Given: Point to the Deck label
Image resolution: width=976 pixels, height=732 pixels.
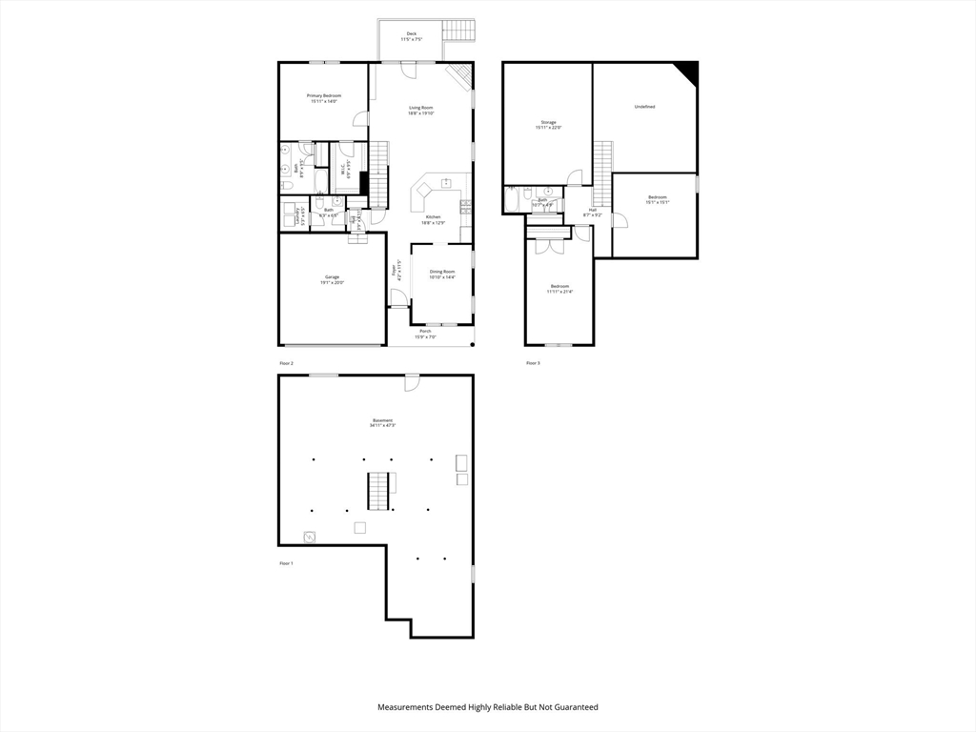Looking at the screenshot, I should click(x=411, y=36).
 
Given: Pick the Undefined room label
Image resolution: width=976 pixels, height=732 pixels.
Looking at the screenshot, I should click(x=644, y=107).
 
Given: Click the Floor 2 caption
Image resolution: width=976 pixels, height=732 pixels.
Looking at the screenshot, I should click(x=286, y=363).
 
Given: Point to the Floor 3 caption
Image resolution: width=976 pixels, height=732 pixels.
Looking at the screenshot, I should click(x=533, y=363).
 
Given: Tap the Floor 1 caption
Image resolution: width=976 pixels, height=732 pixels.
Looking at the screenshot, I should click(x=286, y=564).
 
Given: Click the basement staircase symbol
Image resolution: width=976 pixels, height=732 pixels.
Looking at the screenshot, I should click(x=380, y=490).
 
